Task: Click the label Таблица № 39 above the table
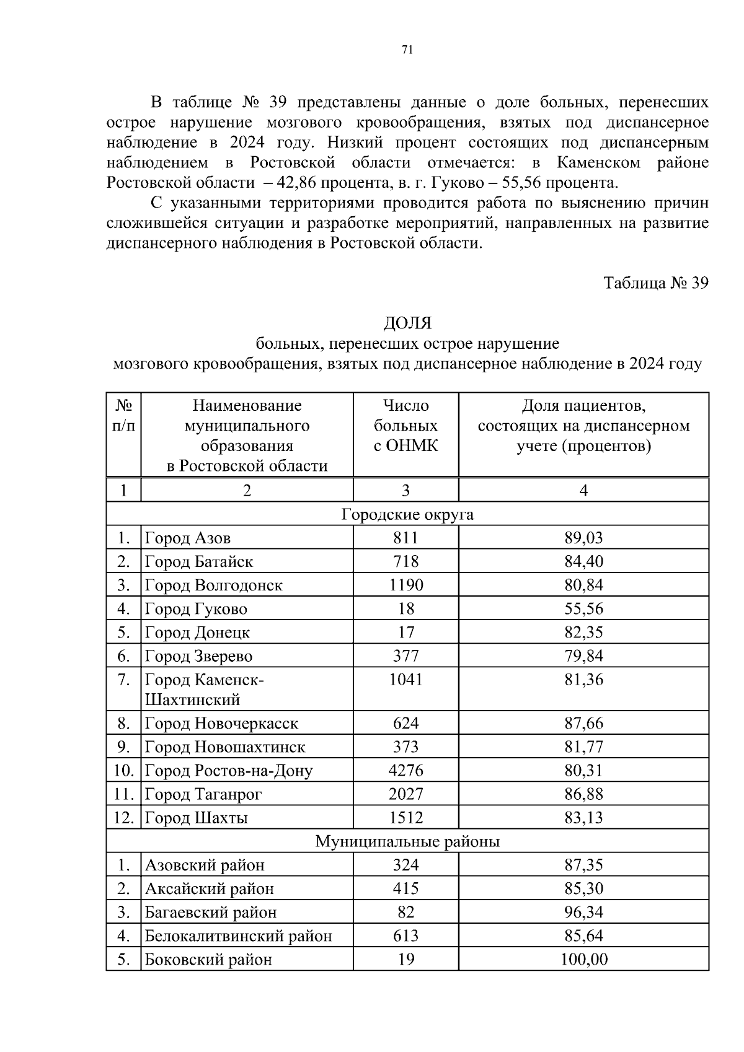pyautogui.click(x=655, y=283)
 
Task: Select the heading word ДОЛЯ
pyautogui.click(x=407, y=323)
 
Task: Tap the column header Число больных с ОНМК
pyautogui.click(x=405, y=426)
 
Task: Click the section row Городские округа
pyautogui.click(x=407, y=514)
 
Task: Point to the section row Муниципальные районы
pyautogui.click(x=407, y=841)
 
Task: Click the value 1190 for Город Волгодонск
pyautogui.click(x=405, y=585)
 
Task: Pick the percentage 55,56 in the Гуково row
pyautogui.click(x=583, y=608)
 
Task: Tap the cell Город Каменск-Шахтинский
pyautogui.click(x=205, y=690)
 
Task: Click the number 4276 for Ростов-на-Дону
pyautogui.click(x=405, y=771)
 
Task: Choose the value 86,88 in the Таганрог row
pyautogui.click(x=583, y=794)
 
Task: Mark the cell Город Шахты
pyautogui.click(x=197, y=818)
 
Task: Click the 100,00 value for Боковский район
pyautogui.click(x=583, y=960)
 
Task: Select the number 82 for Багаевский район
pyautogui.click(x=405, y=913)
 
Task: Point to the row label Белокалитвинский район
pyautogui.click(x=239, y=936)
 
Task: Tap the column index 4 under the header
pyautogui.click(x=583, y=490)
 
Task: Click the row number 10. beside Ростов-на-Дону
pyautogui.click(x=123, y=771)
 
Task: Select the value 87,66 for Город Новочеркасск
pyautogui.click(x=583, y=724)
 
